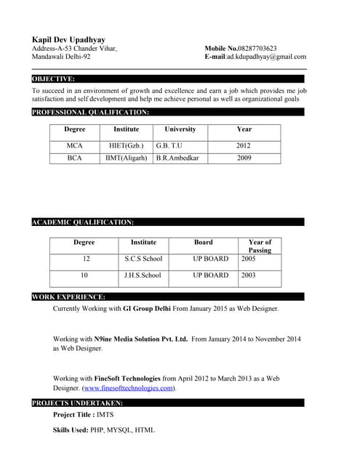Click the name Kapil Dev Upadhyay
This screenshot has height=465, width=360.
68,39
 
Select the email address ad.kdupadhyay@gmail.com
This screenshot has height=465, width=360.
266,57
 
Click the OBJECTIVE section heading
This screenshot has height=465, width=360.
53,78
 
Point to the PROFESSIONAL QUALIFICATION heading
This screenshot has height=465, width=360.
90,113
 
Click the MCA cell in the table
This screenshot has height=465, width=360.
75,145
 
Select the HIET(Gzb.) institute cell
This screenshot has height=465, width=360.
126,145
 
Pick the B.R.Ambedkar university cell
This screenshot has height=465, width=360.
178,158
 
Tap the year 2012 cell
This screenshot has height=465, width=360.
244,145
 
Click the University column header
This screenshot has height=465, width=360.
180,129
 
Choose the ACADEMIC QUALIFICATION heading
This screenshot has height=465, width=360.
82,222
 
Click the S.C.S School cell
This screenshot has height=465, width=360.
143,259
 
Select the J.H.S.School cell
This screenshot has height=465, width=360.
143,275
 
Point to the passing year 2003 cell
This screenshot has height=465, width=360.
249,275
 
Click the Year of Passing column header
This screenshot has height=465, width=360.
259,246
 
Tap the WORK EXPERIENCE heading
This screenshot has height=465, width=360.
68,297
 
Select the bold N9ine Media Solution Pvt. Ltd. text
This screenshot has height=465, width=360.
141,339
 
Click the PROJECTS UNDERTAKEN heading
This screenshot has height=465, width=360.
77,403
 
